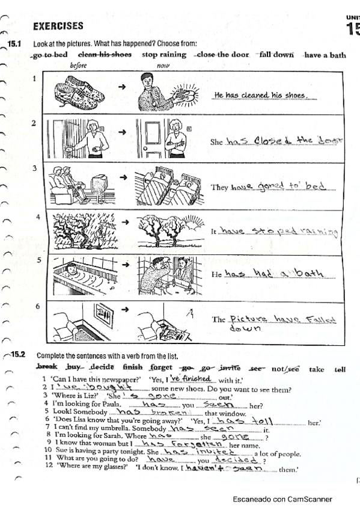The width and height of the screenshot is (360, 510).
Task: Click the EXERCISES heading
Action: point(58,26)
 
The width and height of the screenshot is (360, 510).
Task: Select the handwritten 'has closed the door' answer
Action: point(283,141)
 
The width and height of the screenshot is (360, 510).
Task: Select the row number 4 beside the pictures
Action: point(37,216)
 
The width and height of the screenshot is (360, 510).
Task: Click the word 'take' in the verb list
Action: point(316,368)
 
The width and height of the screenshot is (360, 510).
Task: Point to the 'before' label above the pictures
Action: point(79,65)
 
